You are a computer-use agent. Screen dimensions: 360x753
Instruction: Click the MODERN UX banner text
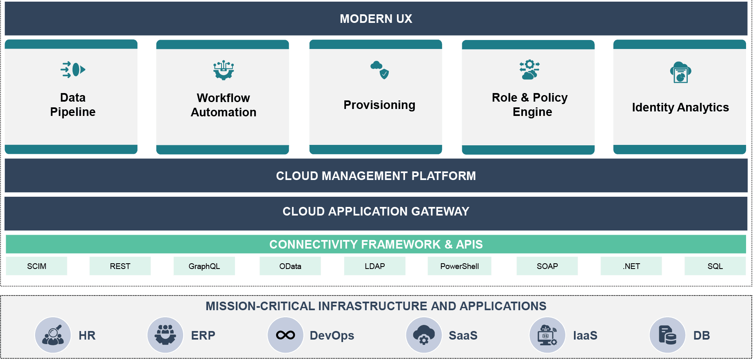376,19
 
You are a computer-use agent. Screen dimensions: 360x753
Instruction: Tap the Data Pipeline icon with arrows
73,69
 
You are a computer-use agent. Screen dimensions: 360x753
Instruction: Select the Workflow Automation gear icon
223,70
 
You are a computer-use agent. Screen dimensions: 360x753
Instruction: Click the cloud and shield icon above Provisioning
380,70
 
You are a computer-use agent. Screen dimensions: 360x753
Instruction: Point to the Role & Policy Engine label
529,104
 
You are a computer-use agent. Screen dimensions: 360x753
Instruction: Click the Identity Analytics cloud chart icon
680,72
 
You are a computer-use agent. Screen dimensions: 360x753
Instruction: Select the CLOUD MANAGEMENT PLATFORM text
376,176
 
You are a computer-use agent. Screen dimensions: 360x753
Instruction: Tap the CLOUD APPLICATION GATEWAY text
376,211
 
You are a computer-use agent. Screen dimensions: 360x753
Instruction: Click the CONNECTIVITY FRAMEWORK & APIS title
376,244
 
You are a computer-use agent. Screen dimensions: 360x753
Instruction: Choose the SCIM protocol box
37,266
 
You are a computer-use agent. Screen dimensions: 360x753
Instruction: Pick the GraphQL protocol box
204,266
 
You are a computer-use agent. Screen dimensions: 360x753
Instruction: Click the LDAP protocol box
374,266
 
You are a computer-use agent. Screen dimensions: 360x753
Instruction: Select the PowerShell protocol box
459,266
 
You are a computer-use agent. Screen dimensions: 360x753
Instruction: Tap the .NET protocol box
631,266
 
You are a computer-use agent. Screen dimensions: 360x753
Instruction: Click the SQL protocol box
715,266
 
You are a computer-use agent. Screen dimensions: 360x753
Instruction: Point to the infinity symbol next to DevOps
286,335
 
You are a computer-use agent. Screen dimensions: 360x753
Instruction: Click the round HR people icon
53,335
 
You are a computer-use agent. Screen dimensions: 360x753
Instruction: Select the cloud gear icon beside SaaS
424,335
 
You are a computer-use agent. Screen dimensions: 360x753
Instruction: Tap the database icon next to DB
667,335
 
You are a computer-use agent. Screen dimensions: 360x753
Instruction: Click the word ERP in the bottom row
203,336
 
